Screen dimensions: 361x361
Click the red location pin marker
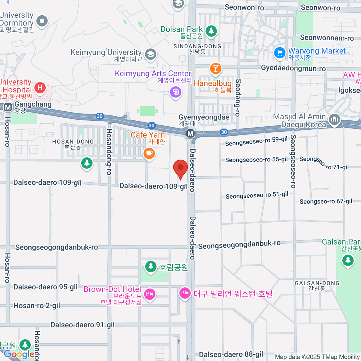click(180, 168)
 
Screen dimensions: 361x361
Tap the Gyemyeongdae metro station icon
click(190, 133)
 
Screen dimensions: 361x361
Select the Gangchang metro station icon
click(8, 107)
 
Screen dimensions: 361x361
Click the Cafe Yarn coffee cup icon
click(149, 153)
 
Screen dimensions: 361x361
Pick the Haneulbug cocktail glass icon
click(215, 69)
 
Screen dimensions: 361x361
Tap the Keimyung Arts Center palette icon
click(176, 92)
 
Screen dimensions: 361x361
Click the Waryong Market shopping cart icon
click(279, 53)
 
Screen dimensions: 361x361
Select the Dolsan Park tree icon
click(211, 30)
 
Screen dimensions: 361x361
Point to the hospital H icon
click(40, 88)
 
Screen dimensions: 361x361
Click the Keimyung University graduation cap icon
click(150, 54)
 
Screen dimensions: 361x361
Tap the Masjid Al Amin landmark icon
click(334, 120)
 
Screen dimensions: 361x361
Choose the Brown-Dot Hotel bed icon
click(150, 294)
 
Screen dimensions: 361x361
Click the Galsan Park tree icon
click(348, 260)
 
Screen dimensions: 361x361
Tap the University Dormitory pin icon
click(42, 21)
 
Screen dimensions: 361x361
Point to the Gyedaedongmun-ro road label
click(293, 68)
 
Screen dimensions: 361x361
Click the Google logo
click(19, 354)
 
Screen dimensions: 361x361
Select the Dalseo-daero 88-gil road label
click(231, 355)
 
